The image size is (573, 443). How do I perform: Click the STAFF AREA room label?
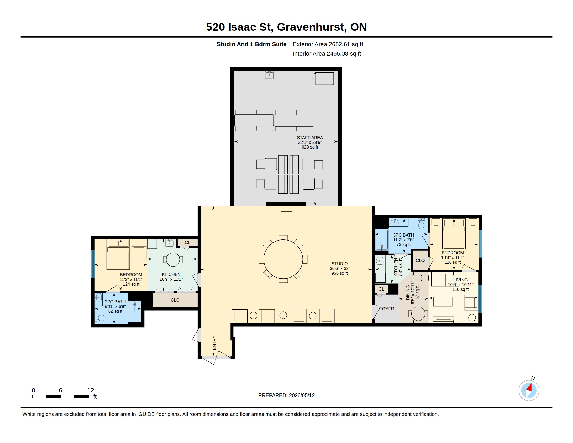310,138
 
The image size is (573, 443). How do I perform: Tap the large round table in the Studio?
283,259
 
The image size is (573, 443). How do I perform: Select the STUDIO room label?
339,264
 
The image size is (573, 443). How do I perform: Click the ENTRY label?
214,343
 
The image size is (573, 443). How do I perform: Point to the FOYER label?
387,309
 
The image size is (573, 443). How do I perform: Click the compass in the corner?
529,390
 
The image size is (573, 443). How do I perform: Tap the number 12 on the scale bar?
91,390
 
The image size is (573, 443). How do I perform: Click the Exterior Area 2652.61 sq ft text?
328,44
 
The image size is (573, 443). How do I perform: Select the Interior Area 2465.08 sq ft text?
327,53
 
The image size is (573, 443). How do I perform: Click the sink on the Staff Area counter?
269,75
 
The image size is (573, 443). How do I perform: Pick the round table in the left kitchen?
173,260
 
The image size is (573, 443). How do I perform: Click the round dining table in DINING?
418,313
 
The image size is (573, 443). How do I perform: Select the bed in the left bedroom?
118,254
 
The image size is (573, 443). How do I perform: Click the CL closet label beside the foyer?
381,289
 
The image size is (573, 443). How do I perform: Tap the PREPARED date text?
286,395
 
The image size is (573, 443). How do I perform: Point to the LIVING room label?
460,280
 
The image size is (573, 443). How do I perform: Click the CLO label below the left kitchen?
175,300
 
